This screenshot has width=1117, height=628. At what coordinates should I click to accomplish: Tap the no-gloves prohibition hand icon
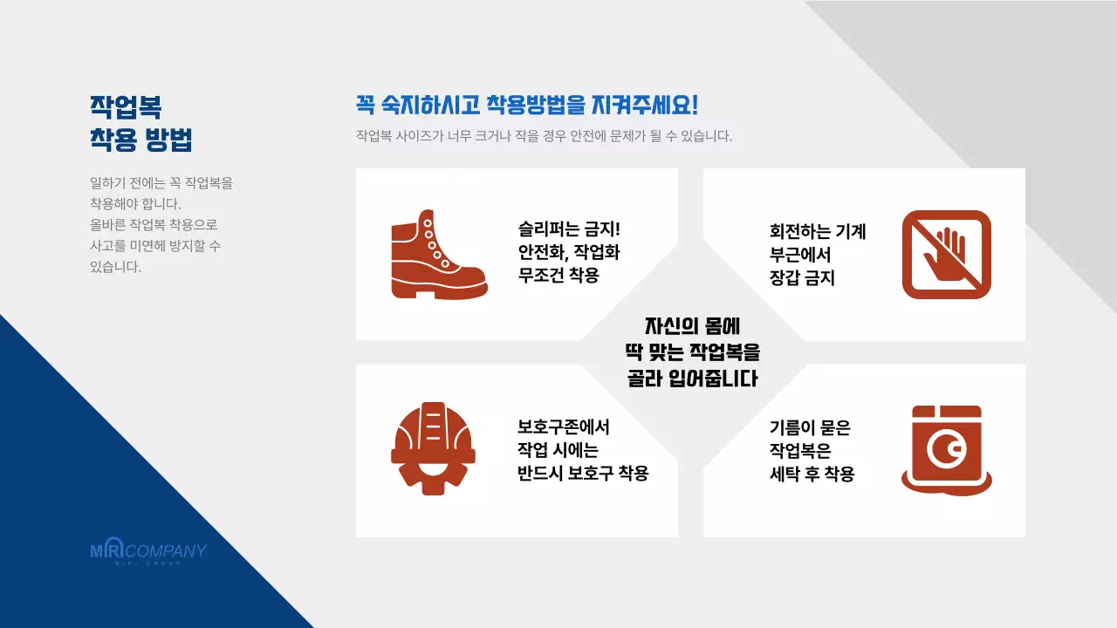coord(947,255)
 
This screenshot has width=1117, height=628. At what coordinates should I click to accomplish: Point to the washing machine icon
coord(947,450)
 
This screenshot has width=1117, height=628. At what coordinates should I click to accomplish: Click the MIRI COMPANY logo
coord(148,552)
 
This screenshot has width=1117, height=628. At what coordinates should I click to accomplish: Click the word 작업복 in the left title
coord(127,106)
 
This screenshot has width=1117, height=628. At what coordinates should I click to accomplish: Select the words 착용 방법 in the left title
coord(141,140)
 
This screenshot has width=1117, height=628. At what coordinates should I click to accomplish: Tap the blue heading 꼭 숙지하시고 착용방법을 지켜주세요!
coord(527,106)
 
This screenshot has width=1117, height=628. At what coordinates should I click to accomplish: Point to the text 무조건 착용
coord(558,276)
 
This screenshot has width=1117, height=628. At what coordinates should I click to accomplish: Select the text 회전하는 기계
coord(818,232)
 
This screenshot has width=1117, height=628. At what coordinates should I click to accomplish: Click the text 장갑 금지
coord(802,278)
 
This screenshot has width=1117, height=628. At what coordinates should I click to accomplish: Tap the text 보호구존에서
coord(564,427)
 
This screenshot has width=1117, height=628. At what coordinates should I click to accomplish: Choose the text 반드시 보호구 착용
coord(583,474)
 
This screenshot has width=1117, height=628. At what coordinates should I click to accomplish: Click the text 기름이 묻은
coord(810,427)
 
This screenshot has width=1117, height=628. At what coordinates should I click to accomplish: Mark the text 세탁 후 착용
coord(812,474)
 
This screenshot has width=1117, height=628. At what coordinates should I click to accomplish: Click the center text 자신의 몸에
coord(692,326)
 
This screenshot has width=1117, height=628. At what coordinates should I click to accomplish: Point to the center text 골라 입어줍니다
coord(692,379)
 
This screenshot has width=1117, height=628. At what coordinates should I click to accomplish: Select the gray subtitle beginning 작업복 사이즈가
coord(544,137)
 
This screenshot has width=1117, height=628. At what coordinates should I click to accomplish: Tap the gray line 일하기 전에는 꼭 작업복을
coord(161,184)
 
